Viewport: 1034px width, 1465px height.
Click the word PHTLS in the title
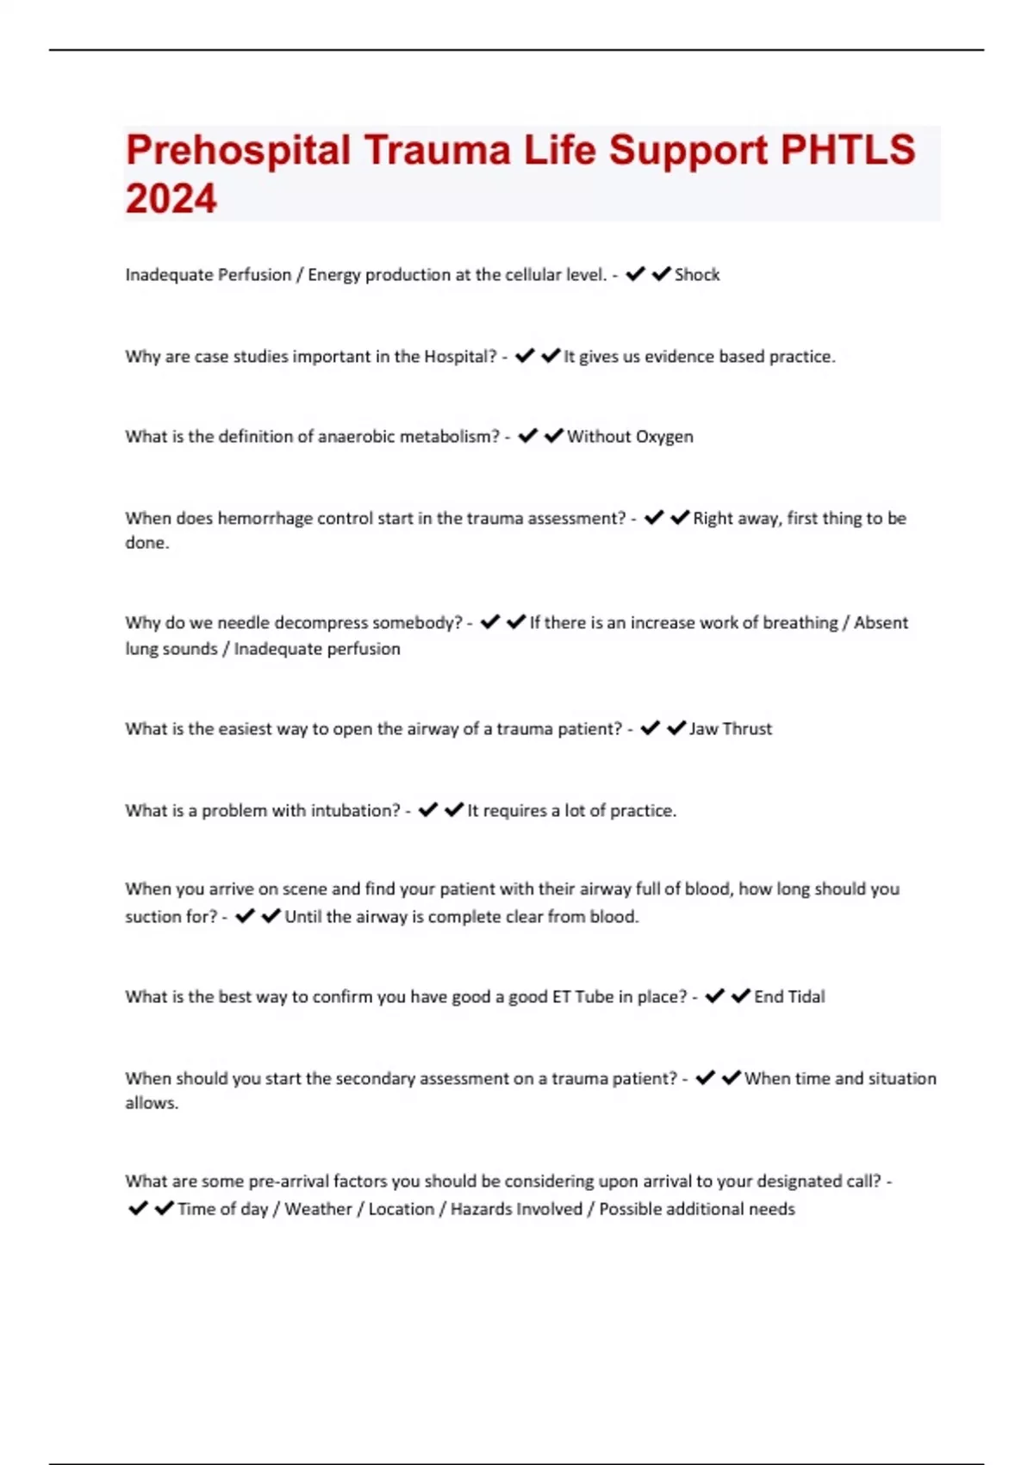[848, 150]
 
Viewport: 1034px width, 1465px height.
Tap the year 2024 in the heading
[171, 199]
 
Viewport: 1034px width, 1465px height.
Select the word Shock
[697, 275]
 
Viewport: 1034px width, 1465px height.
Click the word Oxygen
[664, 437]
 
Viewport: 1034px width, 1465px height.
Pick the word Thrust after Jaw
[748, 729]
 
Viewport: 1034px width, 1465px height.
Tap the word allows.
[152, 1103]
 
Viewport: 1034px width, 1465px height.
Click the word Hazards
[481, 1209]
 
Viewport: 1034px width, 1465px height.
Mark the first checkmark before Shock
[635, 275]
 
